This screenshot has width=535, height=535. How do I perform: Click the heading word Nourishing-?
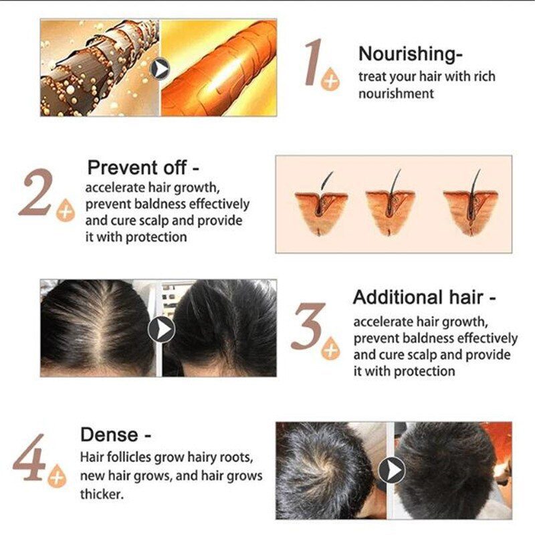point(411,53)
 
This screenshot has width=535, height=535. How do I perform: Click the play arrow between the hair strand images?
point(160,68)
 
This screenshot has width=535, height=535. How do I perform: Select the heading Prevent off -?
point(143,167)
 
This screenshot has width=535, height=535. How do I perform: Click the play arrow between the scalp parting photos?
point(161,329)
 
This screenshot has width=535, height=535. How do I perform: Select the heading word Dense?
point(109,435)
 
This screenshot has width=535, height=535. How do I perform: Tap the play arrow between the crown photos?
point(391,470)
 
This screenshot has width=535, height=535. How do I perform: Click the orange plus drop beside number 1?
point(330,81)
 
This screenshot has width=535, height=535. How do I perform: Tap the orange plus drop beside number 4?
point(58,477)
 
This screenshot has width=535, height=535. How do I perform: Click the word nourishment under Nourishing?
point(396,94)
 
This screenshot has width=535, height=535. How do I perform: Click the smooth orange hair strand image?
point(218,68)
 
